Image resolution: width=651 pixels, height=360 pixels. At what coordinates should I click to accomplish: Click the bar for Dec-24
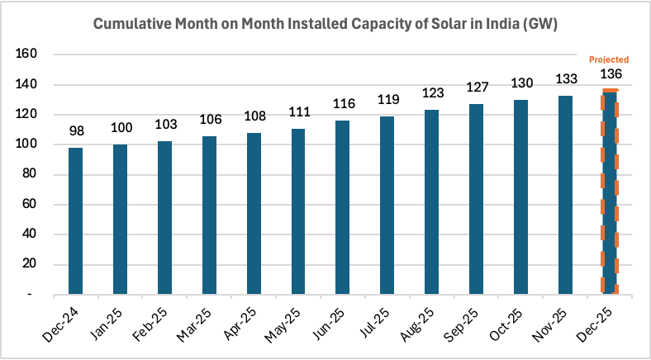click(75, 220)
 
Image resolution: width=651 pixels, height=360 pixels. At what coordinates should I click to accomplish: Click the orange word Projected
click(609, 59)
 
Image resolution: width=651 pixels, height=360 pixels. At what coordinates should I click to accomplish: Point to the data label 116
click(343, 104)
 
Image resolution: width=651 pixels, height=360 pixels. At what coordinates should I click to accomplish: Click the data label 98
click(75, 131)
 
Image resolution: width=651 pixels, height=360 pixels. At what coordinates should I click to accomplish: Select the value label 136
click(611, 74)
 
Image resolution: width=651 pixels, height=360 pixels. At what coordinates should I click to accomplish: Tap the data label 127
click(476, 88)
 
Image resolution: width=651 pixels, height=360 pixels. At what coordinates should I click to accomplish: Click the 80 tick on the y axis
click(29, 174)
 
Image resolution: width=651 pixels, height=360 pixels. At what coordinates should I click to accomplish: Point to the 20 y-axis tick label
click(29, 264)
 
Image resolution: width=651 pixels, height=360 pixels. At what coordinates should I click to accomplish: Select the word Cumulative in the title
click(129, 25)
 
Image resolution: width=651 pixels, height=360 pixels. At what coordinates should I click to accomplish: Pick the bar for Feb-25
click(164, 218)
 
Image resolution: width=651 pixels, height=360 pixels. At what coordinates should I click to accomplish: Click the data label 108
click(254, 116)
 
